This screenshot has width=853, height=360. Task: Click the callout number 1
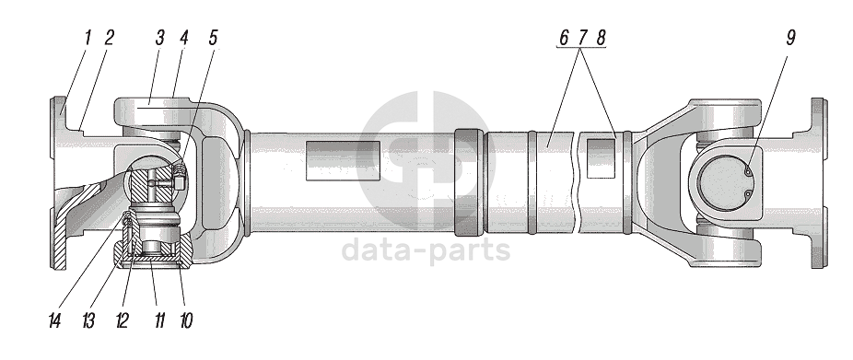coord(88,38)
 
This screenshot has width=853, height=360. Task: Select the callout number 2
coord(109,38)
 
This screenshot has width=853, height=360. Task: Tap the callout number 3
coord(159,38)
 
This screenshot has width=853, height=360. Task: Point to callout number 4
coord(184,38)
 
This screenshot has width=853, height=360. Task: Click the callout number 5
coord(212,38)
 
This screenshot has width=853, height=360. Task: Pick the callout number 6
coord(564,38)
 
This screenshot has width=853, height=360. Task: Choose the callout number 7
coord(582,38)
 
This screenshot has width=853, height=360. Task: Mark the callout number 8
coord(600,38)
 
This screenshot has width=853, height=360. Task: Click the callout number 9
coord(789,38)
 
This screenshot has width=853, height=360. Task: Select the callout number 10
coord(185,320)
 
